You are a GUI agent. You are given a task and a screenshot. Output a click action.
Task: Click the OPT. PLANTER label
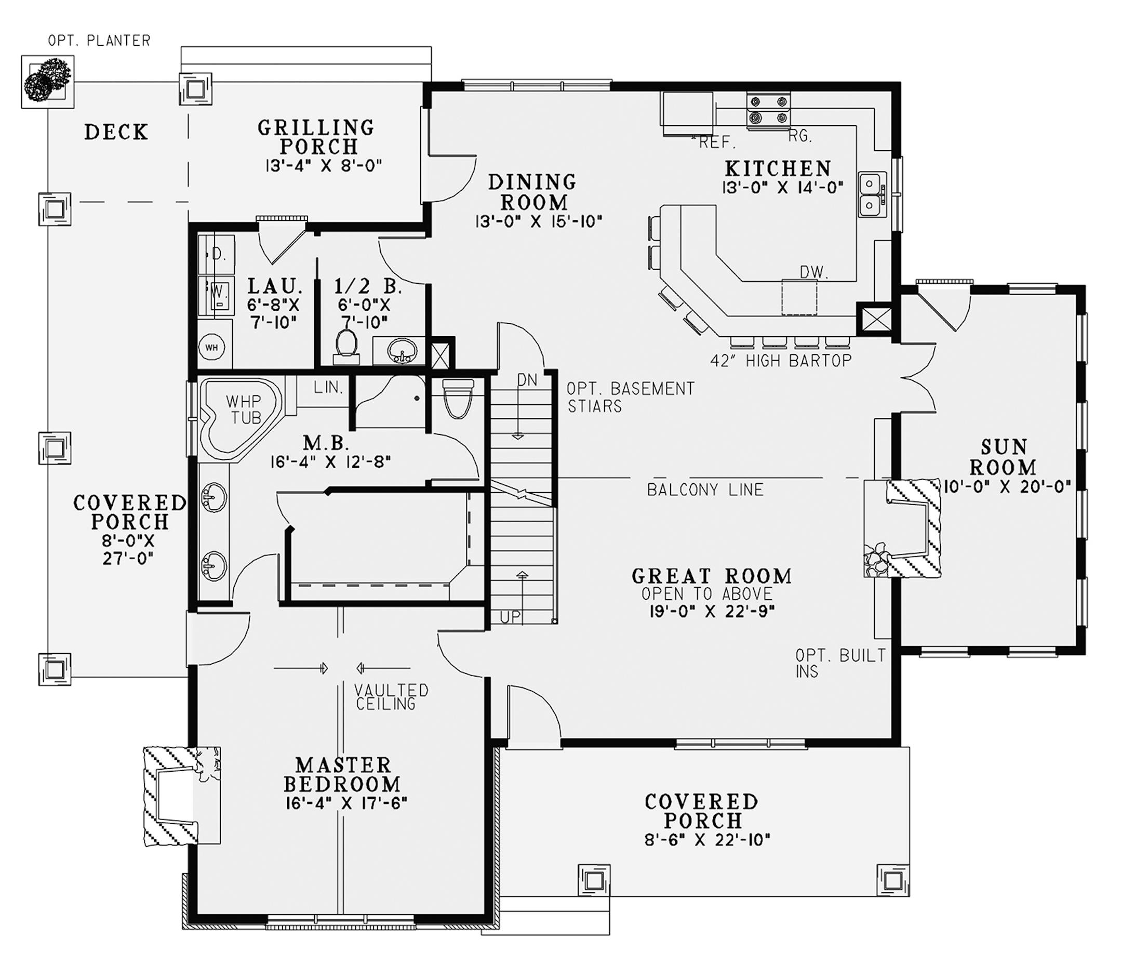(x=99, y=41)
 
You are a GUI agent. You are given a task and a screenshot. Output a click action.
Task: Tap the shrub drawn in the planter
(x=47, y=79)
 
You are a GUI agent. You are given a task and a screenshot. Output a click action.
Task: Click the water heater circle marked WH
(x=212, y=347)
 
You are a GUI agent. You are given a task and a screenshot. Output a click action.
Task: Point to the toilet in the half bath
(x=346, y=345)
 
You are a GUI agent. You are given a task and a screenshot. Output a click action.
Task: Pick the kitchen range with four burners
(x=768, y=110)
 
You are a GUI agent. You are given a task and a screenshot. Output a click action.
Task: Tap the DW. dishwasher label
(x=814, y=272)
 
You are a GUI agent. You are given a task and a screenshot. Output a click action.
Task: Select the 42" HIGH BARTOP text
(x=781, y=360)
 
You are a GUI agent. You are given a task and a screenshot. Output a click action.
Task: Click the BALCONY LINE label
(x=705, y=490)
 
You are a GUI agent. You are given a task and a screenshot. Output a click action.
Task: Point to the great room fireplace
(x=902, y=528)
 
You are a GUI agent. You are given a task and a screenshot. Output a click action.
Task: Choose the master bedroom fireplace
(x=182, y=796)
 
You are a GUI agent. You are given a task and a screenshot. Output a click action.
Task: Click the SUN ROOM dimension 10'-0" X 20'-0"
(x=1007, y=486)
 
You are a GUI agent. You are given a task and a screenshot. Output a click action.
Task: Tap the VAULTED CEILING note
(x=391, y=697)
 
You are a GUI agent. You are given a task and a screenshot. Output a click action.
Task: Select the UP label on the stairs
(x=510, y=617)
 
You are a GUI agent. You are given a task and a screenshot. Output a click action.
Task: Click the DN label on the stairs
(x=527, y=380)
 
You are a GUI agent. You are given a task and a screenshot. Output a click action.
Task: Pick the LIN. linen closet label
(x=328, y=388)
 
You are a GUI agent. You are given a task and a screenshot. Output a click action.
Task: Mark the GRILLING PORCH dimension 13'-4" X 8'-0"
(x=324, y=165)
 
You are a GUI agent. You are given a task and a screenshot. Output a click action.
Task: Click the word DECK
(x=116, y=132)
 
